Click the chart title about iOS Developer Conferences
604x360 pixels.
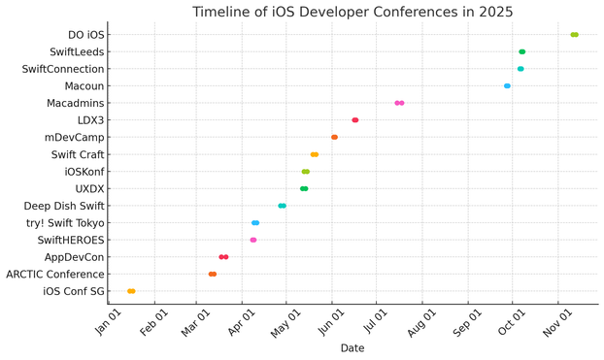(352, 12)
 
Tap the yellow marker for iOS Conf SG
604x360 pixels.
(131, 291)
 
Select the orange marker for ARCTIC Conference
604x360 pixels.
(213, 275)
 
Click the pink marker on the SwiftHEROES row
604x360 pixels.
(253, 240)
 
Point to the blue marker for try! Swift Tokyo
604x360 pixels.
(255, 223)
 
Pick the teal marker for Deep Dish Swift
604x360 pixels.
(282, 206)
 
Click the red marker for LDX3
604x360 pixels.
(355, 120)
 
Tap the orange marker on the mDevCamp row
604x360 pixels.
(334, 137)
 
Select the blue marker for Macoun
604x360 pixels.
(507, 85)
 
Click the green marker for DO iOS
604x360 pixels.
(574, 35)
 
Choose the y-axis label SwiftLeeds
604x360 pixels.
(77, 52)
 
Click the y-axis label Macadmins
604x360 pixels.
(76, 103)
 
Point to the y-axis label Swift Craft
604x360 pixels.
(78, 154)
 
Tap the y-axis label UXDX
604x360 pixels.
(89, 188)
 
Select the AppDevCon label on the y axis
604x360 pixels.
(75, 257)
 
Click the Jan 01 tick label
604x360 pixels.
(109, 322)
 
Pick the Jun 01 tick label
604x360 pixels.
(332, 322)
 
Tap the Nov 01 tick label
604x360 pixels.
(558, 323)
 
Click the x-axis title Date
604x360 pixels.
(352, 348)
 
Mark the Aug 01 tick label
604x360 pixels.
(422, 323)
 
